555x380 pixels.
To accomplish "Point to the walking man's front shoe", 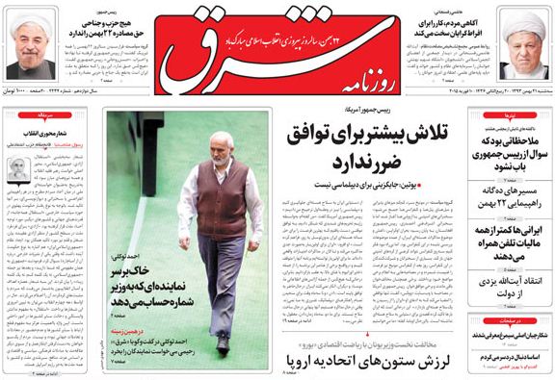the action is (223, 342).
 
